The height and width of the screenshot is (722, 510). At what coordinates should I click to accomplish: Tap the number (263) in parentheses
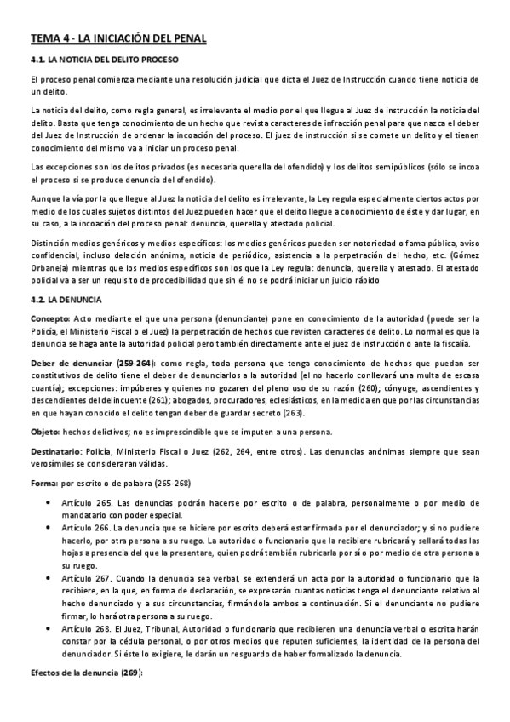click(x=293, y=412)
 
